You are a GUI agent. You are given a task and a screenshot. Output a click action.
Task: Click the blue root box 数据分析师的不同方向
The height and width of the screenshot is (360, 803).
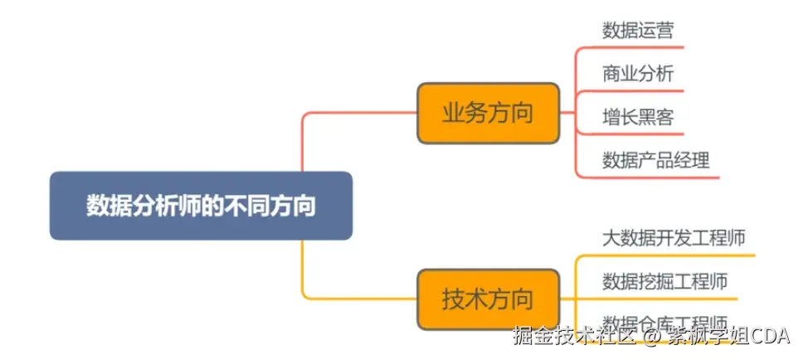pos(201,206)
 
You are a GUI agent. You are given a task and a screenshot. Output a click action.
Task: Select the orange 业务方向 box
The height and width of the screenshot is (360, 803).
pos(487,113)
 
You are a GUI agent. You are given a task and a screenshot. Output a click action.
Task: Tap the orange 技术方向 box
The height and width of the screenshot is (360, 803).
pos(487,299)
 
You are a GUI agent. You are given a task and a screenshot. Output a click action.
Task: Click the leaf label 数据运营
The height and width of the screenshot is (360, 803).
pos(638,31)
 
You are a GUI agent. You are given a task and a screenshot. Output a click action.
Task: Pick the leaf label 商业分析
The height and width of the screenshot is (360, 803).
pos(638,74)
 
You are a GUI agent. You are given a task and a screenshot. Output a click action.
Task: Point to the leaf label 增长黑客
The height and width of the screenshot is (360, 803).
pos(638,117)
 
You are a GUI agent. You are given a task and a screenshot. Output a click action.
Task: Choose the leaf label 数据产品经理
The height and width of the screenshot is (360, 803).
pos(656,160)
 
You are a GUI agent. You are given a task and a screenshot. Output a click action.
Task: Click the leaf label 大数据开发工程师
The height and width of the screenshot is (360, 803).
pos(674,240)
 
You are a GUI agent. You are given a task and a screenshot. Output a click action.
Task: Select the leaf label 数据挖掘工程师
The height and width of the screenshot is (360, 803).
pos(665,281)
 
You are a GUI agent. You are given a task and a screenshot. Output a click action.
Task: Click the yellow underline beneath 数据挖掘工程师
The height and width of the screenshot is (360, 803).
pos(664,297)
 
